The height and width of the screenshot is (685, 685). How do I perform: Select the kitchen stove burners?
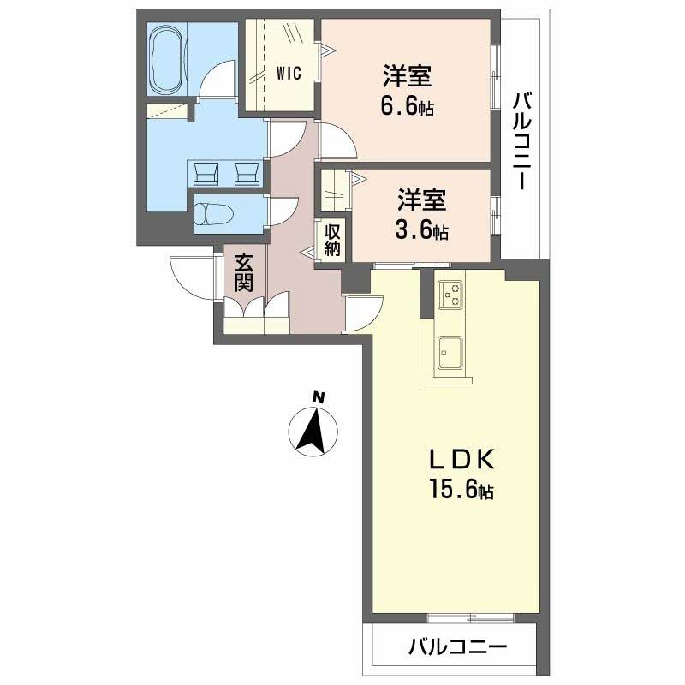pos(450,295)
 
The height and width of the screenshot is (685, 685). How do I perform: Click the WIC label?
pos(289,74)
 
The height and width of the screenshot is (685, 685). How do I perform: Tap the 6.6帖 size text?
pos(406,109)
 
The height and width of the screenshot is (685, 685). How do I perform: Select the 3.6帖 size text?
pos(422,231)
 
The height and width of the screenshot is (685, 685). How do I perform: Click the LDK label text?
pos(461,461)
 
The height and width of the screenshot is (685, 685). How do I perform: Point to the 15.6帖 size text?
pos(461,491)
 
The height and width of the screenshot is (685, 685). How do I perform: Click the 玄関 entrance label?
pos(245,271)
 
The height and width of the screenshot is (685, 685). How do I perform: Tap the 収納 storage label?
pos(332,239)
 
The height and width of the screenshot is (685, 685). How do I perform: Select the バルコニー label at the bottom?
pos(456,646)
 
